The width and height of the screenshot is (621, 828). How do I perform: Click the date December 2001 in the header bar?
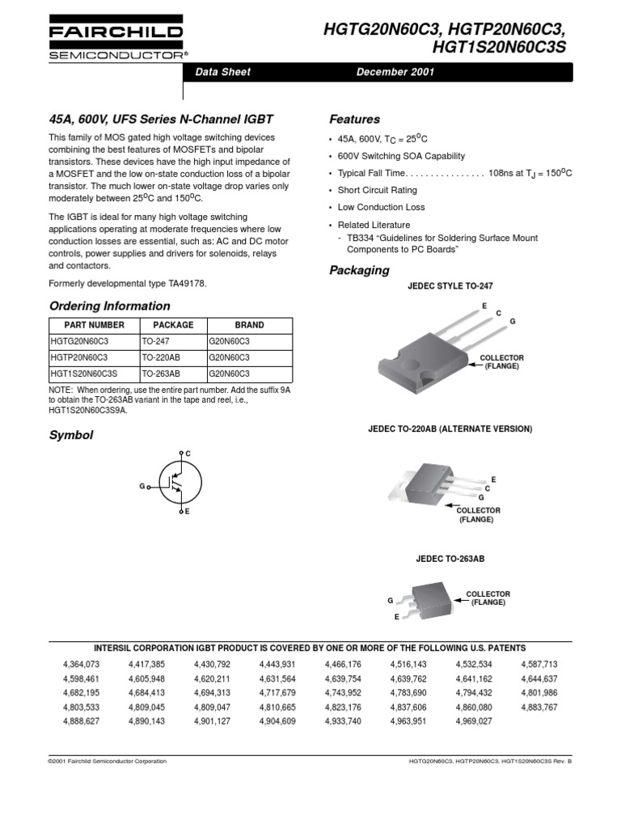(395, 72)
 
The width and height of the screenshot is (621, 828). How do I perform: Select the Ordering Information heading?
(110, 306)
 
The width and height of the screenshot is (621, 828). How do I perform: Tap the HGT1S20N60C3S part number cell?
(83, 374)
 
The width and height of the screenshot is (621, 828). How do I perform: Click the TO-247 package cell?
(155, 341)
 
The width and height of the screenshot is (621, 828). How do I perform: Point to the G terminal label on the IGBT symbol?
(142, 486)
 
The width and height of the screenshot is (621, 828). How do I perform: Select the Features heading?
(354, 119)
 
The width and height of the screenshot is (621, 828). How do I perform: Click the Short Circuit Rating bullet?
(377, 190)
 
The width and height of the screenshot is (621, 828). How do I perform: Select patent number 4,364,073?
(80, 665)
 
